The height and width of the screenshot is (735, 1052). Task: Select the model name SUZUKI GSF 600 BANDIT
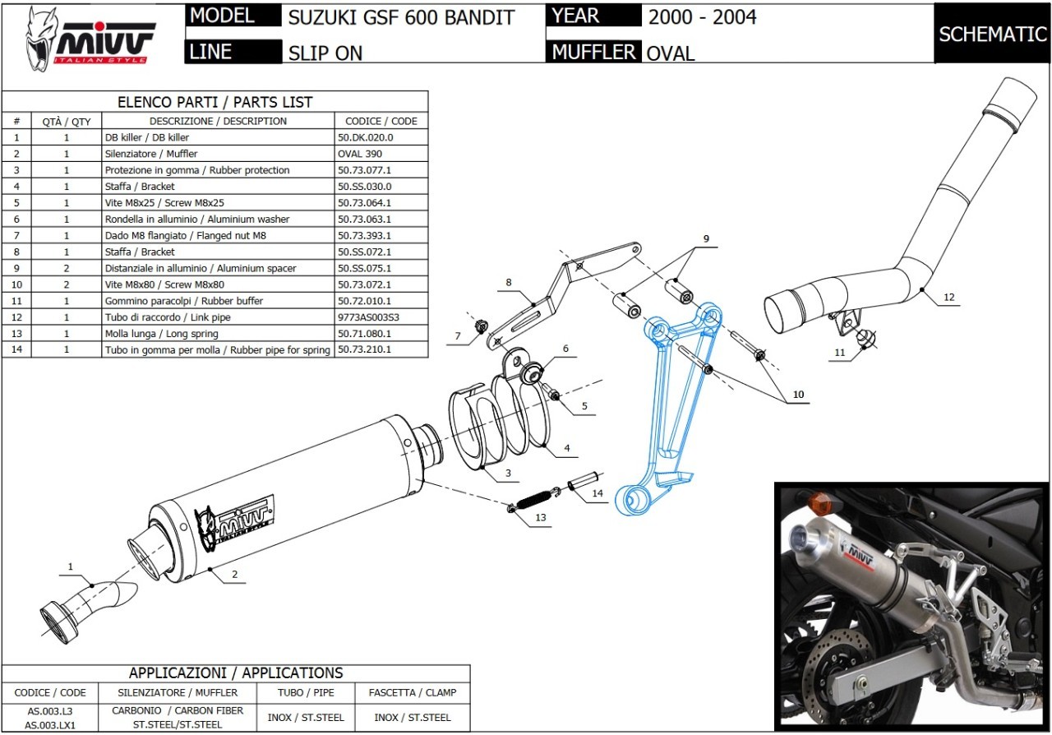401,17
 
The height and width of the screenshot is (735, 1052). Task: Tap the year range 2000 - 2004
702,17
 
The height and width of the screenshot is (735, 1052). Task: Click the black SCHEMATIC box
992,34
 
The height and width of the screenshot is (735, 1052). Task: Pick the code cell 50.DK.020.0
366,137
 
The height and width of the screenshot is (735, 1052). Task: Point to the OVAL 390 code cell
360,154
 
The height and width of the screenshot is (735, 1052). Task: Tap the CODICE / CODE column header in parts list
381,121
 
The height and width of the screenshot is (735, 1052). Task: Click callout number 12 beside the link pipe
949,297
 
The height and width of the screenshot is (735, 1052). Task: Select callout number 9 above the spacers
705,238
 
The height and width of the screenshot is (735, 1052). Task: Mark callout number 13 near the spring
540,518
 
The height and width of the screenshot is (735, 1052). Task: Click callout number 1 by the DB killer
71,566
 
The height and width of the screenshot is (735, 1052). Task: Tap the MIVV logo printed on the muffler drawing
235,523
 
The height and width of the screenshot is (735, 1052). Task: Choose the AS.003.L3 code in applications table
50,710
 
